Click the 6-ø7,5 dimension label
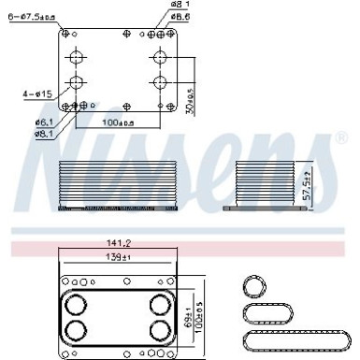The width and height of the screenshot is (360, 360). (28, 14)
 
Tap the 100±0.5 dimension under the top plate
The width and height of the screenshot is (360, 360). (118, 121)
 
